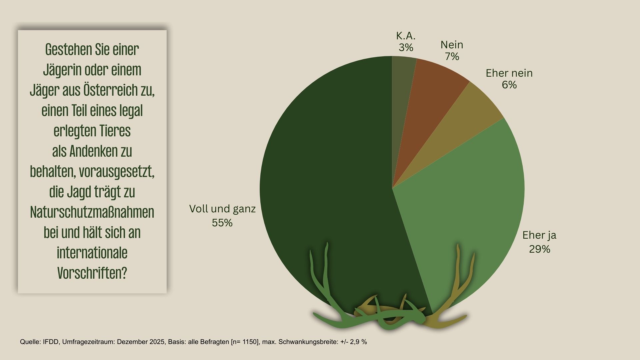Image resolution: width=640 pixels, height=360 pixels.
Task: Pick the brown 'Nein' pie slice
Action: pos(433,90)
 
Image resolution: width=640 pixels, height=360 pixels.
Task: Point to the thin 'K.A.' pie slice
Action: pos(402,83)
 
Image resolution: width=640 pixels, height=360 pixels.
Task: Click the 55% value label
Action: pos(222,223)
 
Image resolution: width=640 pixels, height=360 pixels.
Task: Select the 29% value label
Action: pos(539,249)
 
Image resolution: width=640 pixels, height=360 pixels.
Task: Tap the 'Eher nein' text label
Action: pos(509,73)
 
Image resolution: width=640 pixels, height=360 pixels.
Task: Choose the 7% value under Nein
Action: pos(452,57)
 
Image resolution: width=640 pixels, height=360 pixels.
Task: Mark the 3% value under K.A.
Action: pos(406,48)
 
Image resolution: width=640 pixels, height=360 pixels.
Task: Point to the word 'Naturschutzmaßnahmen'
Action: pos(92,212)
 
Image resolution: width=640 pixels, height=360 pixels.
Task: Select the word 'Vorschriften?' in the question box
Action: pos(92,273)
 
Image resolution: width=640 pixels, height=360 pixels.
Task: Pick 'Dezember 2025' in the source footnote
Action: pos(141,342)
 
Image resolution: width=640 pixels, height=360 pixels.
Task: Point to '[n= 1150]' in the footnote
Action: pos(245,342)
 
